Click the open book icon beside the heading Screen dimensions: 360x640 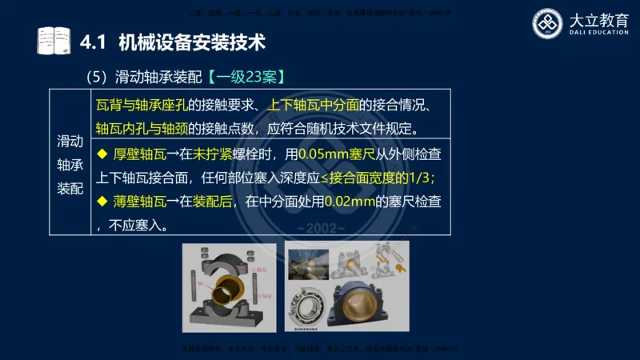tap(54, 40)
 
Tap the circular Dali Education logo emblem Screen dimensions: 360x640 tap(550, 23)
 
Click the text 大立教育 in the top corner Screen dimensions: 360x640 tap(597, 18)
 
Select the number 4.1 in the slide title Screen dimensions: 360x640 tap(95, 40)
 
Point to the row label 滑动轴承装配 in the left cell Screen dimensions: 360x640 tap(70, 165)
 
